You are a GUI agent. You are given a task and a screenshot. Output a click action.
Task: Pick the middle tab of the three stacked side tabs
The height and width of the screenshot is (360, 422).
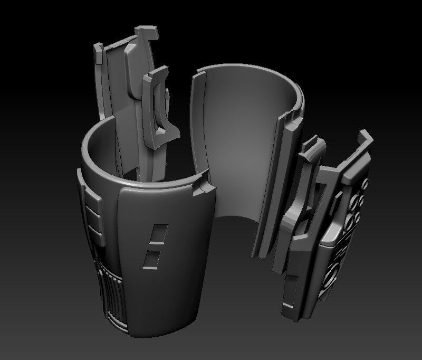click(x=93, y=216)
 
